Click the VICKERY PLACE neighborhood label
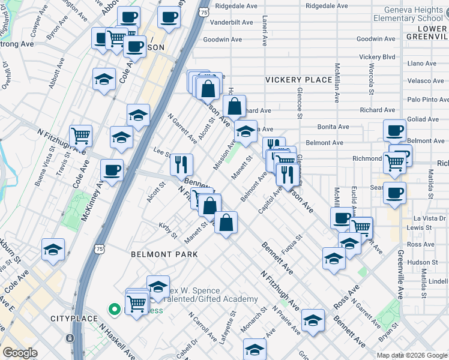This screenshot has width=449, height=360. coord(298,80)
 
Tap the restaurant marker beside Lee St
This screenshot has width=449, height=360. coord(181,164)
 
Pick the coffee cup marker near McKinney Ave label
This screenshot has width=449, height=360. coord(112,171)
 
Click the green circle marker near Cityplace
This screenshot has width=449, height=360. coord(113,310)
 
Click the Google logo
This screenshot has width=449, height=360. coord(20,353)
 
